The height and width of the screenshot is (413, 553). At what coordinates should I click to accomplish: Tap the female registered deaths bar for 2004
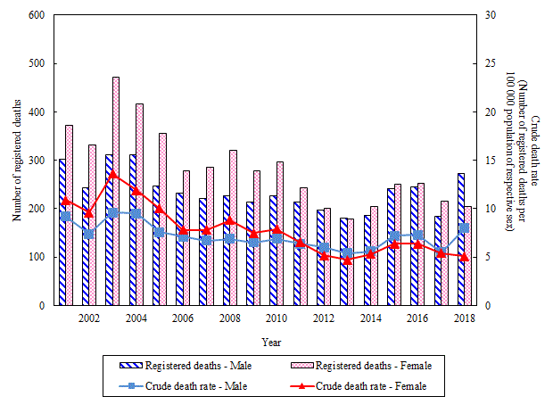coord(139,204)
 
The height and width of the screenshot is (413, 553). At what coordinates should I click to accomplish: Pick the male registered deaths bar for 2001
coord(62,232)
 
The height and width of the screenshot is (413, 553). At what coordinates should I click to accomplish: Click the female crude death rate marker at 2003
coord(112,174)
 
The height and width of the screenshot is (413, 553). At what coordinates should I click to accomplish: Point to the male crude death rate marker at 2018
coord(464,227)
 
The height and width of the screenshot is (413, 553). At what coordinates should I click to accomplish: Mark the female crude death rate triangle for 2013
coord(347,260)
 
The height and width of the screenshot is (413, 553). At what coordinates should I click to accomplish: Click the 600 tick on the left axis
coord(37,15)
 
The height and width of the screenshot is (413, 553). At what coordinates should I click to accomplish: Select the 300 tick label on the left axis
coord(37,161)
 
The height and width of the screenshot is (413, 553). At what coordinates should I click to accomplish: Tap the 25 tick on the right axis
coord(488,64)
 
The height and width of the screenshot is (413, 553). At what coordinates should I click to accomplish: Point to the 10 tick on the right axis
coord(488,209)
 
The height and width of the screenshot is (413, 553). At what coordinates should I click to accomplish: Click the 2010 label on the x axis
coord(276,318)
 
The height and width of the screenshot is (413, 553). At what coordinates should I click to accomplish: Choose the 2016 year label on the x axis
coord(416,318)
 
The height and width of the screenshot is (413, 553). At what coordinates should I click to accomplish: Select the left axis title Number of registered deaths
coord(16,161)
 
